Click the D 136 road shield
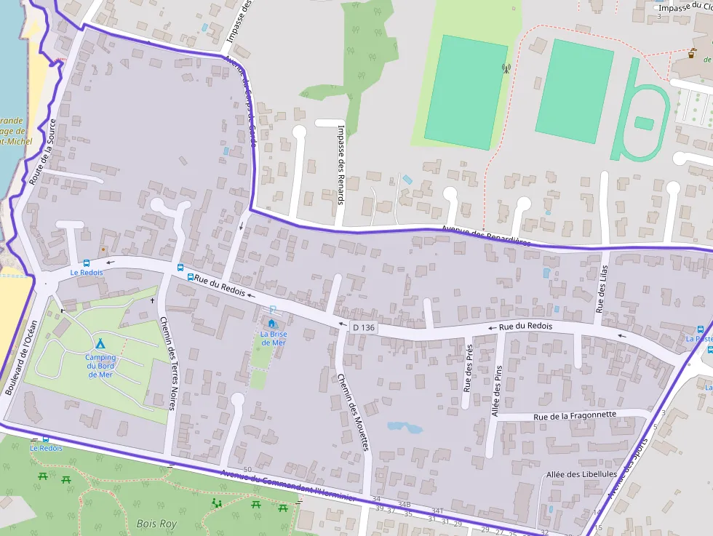pos(364,328)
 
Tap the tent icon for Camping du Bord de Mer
pos(100,343)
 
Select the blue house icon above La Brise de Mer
pos(272,323)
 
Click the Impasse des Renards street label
pos(340,164)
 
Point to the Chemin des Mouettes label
pos(353,412)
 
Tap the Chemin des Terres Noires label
pos(167,364)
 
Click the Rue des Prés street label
pos(468,367)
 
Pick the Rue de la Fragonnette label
pos(575,415)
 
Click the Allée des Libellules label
pos(581,474)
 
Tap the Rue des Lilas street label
pos(600,289)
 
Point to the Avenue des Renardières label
pos(486,235)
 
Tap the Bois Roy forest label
pos(156,523)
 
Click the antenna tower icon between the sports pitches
pos(506,69)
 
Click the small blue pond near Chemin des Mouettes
pos(405,427)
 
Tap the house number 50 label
pos(247,469)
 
